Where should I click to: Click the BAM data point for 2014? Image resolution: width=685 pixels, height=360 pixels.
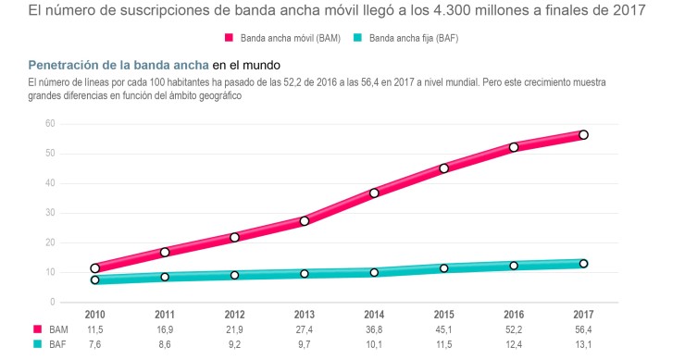pos(374,193)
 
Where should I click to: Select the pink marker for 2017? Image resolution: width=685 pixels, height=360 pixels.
pos(583,135)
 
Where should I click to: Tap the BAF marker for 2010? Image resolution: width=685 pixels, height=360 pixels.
pos(94,279)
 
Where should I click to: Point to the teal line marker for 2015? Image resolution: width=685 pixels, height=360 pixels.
pos(444,268)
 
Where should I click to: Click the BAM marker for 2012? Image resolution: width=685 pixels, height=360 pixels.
pos(234,238)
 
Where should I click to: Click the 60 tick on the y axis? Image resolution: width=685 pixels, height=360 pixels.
pos(51,123)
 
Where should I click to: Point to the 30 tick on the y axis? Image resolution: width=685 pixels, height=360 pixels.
pos(51,213)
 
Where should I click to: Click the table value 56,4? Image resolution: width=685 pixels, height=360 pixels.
pos(583,329)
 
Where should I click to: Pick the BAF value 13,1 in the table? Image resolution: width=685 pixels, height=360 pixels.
pos(583,343)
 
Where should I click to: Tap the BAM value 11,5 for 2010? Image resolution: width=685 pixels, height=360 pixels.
pos(94,329)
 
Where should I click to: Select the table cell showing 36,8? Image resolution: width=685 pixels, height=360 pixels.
pos(374,329)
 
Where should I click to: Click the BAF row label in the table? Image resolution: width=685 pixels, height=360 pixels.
pos(58,343)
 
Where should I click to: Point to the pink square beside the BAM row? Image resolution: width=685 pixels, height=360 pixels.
pos(37,329)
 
